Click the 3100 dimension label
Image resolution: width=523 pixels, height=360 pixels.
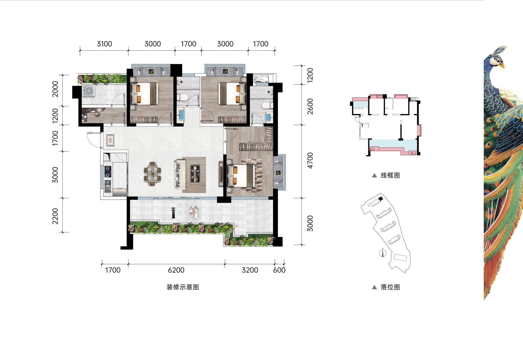click(x=104, y=44)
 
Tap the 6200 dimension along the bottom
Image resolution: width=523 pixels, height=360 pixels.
click(x=176, y=270)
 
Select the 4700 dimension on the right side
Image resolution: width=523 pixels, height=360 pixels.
click(x=310, y=161)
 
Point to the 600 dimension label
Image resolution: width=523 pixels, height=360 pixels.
click(x=279, y=270)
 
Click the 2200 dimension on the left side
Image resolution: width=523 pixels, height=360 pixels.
click(x=55, y=216)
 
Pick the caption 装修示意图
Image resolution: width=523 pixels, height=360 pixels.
click(x=183, y=287)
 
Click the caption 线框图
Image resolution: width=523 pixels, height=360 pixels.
click(x=390, y=175)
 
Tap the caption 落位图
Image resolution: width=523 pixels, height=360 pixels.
click(x=390, y=287)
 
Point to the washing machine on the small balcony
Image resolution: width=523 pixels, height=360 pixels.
click(x=89, y=91)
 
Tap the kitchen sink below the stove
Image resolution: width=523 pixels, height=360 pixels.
click(x=108, y=186)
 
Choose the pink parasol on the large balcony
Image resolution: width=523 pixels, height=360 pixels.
click(x=193, y=210)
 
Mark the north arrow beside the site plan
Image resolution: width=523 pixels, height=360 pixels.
click(x=382, y=253)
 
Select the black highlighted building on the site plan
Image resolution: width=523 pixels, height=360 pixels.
click(x=381, y=199)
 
